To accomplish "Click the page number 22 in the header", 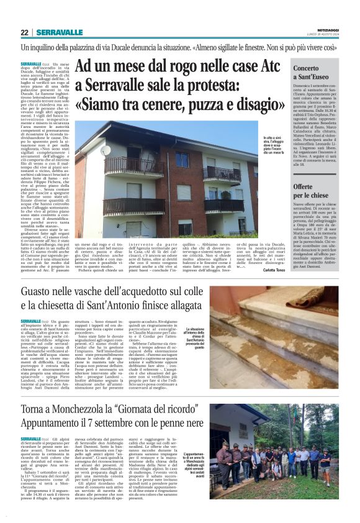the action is pyautogui.click(x=25, y=33).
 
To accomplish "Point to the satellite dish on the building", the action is pyautogui.click(x=105, y=150).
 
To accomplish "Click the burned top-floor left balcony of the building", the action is pyautogui.click(x=133, y=166).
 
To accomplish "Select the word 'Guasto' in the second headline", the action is pyautogui.click(x=61, y=292).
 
